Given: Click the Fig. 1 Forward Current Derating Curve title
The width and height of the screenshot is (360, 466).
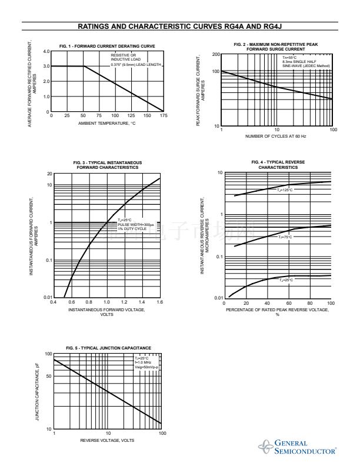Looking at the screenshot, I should (108, 46).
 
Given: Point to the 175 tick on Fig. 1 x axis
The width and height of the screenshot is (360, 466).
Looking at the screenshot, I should (163, 116).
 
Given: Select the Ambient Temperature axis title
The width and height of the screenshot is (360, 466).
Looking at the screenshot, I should (107, 123).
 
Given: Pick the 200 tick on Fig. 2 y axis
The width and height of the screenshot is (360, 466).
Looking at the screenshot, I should (216, 54).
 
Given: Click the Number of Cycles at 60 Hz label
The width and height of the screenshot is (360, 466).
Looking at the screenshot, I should (276, 136).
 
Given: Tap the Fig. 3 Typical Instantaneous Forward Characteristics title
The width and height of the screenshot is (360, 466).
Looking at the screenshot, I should (108, 164).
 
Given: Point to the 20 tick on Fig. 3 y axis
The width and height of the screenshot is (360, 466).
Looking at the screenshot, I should (49, 174).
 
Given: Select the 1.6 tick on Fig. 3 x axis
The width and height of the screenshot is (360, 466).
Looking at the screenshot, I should (159, 302).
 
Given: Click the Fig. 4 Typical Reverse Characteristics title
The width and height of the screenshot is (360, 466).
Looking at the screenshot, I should (278, 164).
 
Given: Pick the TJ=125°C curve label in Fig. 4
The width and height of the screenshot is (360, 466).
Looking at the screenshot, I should (285, 189).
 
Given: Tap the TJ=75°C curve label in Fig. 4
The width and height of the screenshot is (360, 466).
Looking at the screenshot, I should (285, 237).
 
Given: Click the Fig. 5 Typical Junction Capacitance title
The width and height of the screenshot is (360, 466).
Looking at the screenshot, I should (108, 348).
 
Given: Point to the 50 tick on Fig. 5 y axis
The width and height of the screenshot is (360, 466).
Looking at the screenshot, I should (49, 376).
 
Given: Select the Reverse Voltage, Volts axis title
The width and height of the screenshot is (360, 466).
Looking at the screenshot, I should (107, 441).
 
